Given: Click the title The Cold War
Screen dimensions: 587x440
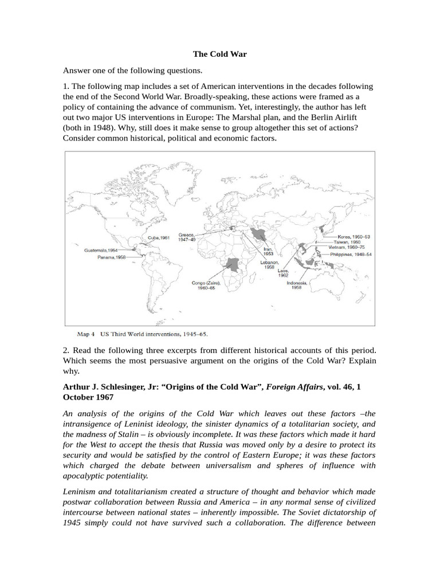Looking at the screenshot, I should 219,54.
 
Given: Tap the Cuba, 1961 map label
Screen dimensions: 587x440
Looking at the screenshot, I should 159,237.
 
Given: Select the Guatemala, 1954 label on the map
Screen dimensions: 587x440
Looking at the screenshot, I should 101,250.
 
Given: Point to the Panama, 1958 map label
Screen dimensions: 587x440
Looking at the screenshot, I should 112,258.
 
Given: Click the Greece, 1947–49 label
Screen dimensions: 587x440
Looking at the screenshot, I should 187,237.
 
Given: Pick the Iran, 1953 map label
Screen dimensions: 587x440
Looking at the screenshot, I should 268,252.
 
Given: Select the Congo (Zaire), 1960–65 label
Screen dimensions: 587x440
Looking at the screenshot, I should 206,285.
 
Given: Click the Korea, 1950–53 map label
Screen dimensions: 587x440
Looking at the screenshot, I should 353,236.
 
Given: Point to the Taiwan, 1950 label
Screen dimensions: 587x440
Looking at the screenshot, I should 349,242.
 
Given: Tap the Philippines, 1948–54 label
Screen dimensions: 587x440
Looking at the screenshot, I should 351,254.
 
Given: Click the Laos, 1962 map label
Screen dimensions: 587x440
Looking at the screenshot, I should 283,273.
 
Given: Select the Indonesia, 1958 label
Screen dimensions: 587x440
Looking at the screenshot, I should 297,285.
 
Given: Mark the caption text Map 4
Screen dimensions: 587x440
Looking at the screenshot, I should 87,332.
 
